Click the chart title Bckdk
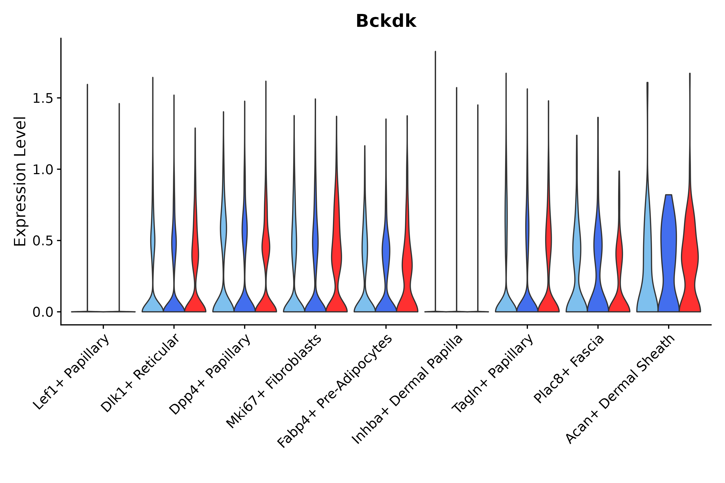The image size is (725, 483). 386,21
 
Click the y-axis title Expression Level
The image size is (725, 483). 20,181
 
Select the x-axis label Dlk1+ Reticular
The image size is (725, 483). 140,373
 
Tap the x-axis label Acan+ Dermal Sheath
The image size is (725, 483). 621,389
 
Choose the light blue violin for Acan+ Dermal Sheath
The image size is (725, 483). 647,262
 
